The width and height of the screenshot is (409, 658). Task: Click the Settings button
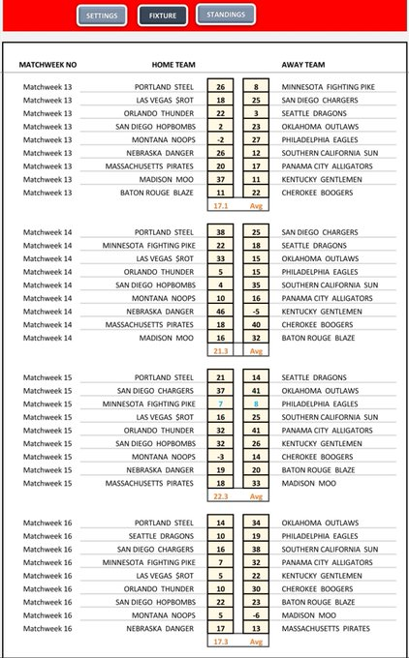102,16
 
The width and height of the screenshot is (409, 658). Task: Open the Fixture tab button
163,16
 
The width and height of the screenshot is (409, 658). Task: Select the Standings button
226,15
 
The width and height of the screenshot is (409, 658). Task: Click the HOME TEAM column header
173,65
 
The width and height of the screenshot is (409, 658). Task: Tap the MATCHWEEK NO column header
47,65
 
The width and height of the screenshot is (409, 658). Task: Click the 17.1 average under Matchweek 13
220,206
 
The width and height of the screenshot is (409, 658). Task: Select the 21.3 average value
220,350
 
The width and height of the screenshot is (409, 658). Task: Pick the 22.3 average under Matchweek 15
220,495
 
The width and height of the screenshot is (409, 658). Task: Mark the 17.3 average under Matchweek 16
220,641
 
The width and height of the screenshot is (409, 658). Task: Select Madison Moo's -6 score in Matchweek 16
256,613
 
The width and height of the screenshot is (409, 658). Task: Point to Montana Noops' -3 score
220,455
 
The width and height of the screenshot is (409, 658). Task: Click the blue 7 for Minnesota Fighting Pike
220,403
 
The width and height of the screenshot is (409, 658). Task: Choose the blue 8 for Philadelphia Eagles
256,403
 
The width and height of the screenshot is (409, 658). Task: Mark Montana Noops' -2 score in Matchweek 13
220,139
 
